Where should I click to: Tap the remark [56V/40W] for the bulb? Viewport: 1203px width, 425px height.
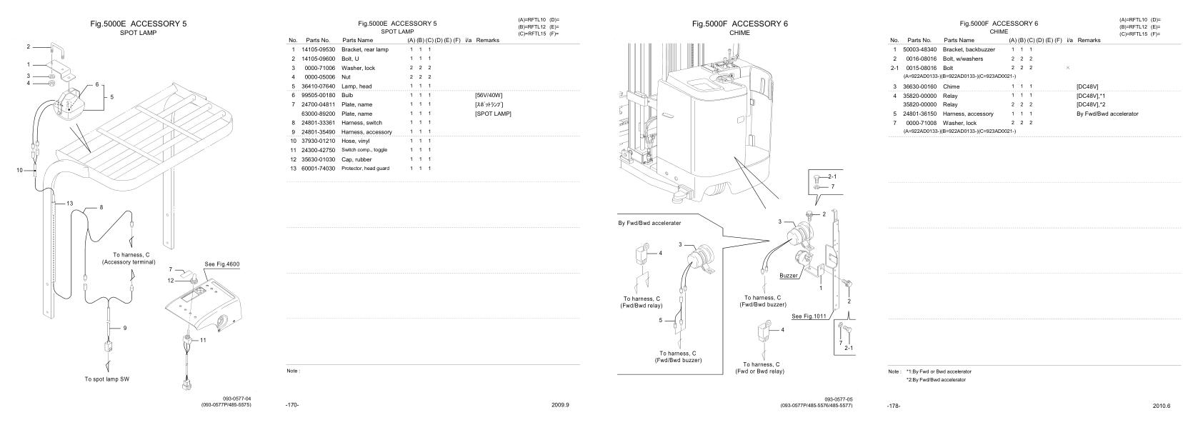pyautogui.click(x=489, y=95)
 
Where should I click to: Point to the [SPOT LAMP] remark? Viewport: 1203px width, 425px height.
pyautogui.click(x=493, y=114)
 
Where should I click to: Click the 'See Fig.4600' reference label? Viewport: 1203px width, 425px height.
pyautogui.click(x=222, y=264)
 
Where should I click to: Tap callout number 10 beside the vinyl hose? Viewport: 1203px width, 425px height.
pyautogui.click(x=20, y=170)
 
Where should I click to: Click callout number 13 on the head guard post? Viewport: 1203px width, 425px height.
pyautogui.click(x=69, y=204)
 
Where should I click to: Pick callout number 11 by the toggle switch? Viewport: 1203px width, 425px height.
pyautogui.click(x=203, y=340)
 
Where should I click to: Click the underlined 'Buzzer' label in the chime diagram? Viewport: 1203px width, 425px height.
pyautogui.click(x=789, y=275)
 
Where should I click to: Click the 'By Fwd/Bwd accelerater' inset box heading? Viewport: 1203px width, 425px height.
pyautogui.click(x=649, y=223)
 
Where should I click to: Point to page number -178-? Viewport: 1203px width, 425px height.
pyautogui.click(x=893, y=406)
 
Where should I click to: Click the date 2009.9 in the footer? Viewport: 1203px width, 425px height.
pyautogui.click(x=560, y=404)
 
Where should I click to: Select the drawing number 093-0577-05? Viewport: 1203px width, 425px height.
pyautogui.click(x=838, y=399)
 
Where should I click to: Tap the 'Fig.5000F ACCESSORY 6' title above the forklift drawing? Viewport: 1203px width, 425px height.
pyautogui.click(x=739, y=24)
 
